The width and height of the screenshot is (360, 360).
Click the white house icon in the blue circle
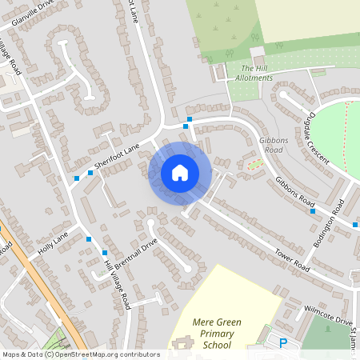[180, 173]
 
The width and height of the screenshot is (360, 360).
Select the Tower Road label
[290, 255]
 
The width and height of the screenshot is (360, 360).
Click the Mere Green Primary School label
[206, 334]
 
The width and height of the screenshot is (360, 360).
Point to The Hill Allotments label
[257, 73]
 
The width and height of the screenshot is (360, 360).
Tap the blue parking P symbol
[282, 344]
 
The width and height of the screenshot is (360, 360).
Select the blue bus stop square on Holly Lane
[88, 238]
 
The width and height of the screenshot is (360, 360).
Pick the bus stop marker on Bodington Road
[354, 225]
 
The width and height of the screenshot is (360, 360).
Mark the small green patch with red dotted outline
[255, 164]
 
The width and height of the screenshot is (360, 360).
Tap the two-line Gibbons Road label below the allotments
[273, 144]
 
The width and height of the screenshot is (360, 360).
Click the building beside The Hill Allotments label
[258, 61]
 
